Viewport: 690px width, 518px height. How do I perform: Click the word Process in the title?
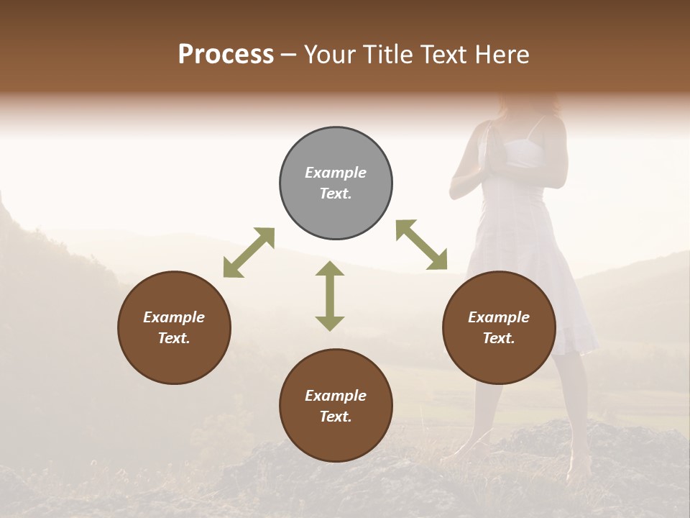pos(226,55)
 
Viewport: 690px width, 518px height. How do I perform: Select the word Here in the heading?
pos(501,55)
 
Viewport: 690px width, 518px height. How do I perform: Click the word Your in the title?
pos(330,55)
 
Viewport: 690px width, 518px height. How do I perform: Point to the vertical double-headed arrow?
pos(330,296)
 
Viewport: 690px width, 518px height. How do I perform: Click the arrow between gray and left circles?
pos(249,253)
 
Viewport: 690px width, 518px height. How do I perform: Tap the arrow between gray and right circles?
pos(421,245)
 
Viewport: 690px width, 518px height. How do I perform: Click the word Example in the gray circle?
pos(336,173)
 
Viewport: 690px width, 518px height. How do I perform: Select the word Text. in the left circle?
pos(174,338)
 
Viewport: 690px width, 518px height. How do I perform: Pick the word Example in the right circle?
pos(499,317)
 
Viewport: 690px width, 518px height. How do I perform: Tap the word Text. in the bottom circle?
pos(336,417)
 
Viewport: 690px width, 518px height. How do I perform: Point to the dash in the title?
pos(288,55)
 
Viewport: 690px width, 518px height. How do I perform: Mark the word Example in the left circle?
pos(174,317)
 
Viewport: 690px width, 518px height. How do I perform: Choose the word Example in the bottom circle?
pos(336,396)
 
